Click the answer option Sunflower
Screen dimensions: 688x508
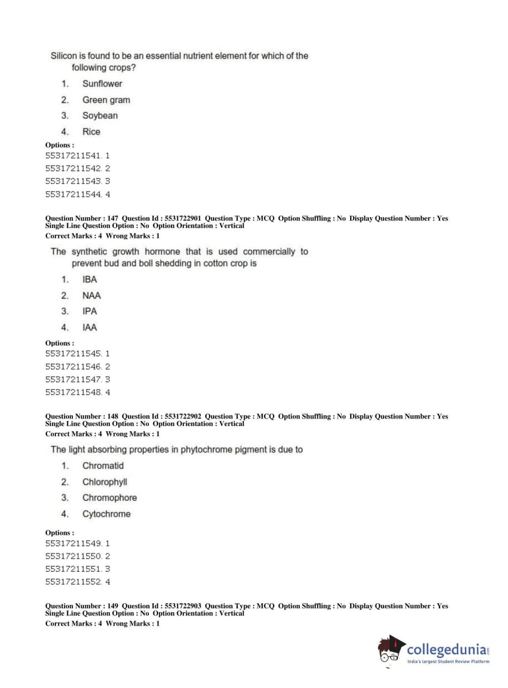(x=102, y=84)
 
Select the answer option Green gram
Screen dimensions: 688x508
(x=106, y=100)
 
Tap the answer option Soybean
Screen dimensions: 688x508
(x=100, y=116)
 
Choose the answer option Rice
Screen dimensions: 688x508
(x=91, y=132)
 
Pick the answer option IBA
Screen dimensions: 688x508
(x=89, y=280)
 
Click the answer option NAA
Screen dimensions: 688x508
(x=91, y=296)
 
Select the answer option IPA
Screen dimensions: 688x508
(x=89, y=312)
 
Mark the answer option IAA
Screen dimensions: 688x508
(x=89, y=328)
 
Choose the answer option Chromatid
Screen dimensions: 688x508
(x=103, y=466)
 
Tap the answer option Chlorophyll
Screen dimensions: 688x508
(x=105, y=482)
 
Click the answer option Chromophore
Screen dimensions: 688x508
(x=110, y=498)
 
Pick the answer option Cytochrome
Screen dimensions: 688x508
(x=107, y=514)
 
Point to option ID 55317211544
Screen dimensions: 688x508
(x=73, y=194)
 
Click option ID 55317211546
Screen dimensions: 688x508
(x=73, y=367)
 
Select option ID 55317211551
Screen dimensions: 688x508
(x=73, y=569)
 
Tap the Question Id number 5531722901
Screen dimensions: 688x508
(x=183, y=219)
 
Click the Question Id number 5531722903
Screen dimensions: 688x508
(x=183, y=606)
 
